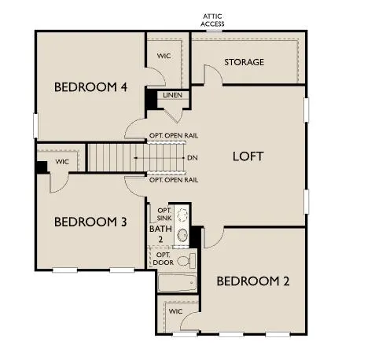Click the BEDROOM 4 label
[90, 86]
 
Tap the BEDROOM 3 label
[90, 222]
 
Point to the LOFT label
[248, 156]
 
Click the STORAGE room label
[244, 62]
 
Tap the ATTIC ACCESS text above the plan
[213, 20]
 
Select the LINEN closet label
[173, 96]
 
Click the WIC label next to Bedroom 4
[164, 56]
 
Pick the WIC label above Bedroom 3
[62, 163]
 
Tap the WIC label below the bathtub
[176, 311]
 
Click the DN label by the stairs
[192, 157]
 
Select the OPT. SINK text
[164, 215]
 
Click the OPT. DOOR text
[164, 259]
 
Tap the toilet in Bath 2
[185, 260]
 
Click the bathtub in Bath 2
[178, 284]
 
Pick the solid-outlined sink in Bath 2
[183, 234]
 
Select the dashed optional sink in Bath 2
[182, 214]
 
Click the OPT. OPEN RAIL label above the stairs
[173, 135]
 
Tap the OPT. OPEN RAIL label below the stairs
[173, 180]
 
